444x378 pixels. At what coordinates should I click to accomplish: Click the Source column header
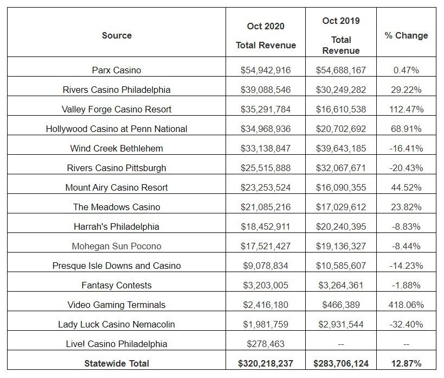(x=117, y=35)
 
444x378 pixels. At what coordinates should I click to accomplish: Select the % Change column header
(x=406, y=35)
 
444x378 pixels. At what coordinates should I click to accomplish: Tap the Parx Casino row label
(x=117, y=70)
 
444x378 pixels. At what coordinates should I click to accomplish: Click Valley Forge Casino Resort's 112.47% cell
(x=406, y=109)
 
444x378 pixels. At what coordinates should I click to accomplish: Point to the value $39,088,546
(x=266, y=90)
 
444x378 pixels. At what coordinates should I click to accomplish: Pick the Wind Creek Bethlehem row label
(x=117, y=148)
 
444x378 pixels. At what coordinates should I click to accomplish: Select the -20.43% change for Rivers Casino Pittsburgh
(x=406, y=168)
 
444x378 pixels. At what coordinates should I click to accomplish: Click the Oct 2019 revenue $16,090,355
(x=341, y=187)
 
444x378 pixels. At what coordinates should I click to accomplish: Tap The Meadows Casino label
(x=117, y=207)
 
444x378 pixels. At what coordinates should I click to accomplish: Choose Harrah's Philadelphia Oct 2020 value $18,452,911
(x=266, y=226)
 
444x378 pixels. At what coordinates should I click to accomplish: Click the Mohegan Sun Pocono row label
(x=117, y=246)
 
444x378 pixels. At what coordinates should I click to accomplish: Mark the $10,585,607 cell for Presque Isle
(x=341, y=266)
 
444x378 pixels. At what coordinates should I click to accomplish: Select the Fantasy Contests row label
(x=117, y=285)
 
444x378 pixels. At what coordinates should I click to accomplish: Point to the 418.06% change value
(x=406, y=305)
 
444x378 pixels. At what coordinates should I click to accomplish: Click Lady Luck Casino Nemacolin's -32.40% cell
(x=406, y=324)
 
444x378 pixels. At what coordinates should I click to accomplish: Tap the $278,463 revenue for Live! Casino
(x=266, y=344)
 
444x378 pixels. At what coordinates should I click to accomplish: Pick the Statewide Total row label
(x=117, y=363)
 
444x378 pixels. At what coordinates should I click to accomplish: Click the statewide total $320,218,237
(x=266, y=363)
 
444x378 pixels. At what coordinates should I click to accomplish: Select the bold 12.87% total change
(x=406, y=363)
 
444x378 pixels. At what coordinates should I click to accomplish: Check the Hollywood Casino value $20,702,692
(x=341, y=129)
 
